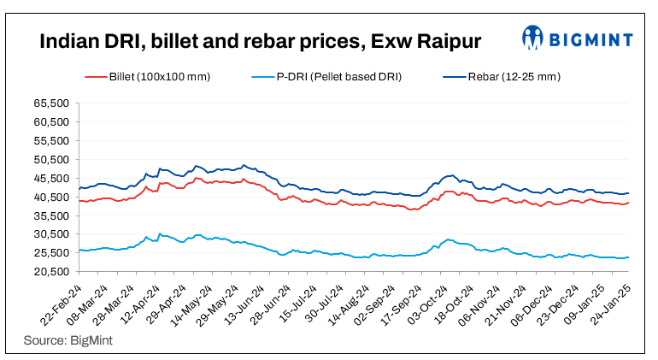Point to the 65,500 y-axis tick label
[51, 103]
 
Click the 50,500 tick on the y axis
[51, 160]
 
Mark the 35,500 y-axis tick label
[51, 215]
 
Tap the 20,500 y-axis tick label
[51, 272]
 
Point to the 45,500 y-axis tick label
[51, 179]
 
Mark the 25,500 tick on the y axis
[51, 253]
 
